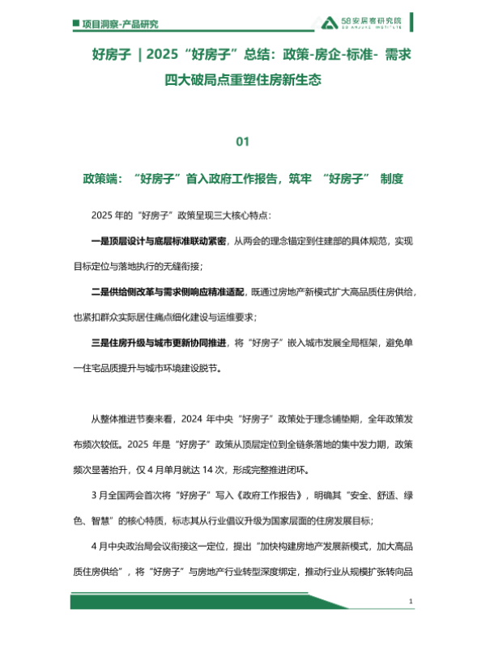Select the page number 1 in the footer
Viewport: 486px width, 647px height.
pos(412,603)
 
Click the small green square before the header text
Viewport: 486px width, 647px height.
pos(75,24)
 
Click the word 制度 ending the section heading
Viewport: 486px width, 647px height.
pos(389,179)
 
